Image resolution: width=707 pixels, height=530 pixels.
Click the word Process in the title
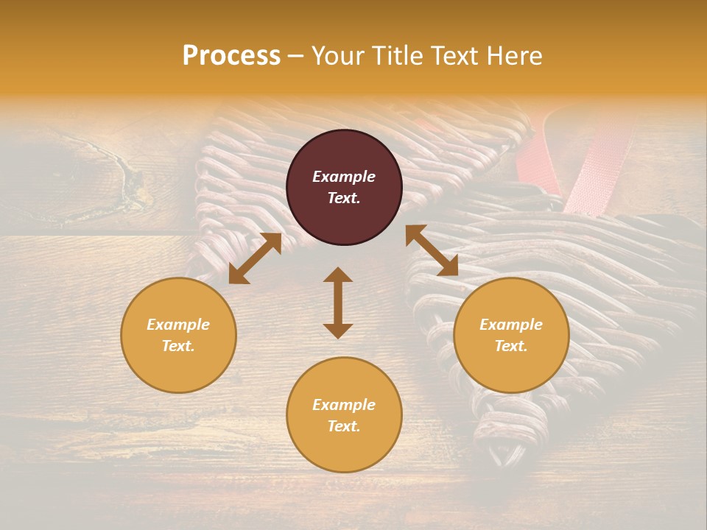[231, 56]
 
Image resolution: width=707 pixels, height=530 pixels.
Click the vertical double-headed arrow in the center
[338, 303]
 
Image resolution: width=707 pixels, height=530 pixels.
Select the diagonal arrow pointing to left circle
[255, 258]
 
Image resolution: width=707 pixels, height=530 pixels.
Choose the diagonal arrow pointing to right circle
[432, 250]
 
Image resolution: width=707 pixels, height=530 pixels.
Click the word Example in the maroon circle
[344, 177]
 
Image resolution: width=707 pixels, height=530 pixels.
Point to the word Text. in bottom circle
[344, 426]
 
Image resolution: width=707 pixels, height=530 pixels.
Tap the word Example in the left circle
[178, 325]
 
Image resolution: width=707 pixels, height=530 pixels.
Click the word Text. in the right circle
[511, 346]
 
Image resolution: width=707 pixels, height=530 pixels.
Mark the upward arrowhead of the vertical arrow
[338, 275]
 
